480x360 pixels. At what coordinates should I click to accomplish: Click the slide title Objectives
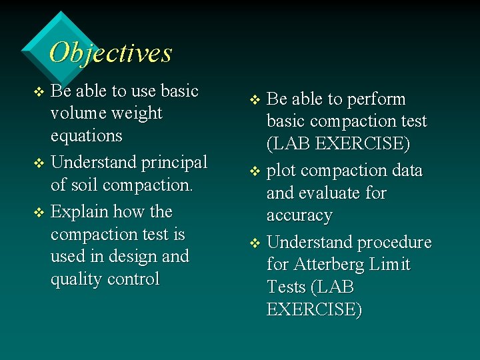point(111,53)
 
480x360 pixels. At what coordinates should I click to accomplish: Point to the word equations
point(87,136)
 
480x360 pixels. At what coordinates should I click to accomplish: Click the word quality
point(77,279)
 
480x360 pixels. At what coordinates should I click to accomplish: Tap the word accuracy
point(299,216)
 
